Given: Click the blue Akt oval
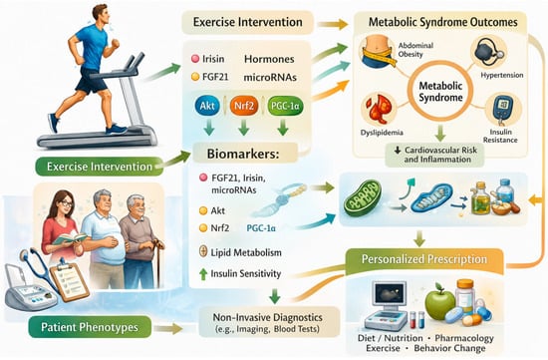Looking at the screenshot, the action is coord(207,106).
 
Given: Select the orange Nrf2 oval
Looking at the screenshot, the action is coord(244,106).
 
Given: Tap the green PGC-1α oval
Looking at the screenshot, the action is coord(285,106).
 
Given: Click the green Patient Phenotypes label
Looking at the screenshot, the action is coord(90,327).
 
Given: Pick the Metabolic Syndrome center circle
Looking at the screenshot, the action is coord(440,92).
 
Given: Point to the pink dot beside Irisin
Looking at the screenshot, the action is coord(195,59).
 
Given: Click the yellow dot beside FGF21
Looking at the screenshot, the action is coord(195,77).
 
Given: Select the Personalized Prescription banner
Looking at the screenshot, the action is coord(424,259).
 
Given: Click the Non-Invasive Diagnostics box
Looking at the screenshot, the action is coord(269,322).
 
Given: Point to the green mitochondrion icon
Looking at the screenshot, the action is coord(362,197).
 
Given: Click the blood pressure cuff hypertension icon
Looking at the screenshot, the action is coord(488,52).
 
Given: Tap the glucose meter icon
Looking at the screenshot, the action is coord(503,110).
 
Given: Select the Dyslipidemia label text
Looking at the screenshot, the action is coord(382,133).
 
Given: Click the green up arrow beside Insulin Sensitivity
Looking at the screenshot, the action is coord(203,273).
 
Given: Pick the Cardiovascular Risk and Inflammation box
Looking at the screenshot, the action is coord(434,155).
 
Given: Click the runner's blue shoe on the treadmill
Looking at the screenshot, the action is coord(116,129).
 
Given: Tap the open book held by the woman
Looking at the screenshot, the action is coord(69,239).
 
